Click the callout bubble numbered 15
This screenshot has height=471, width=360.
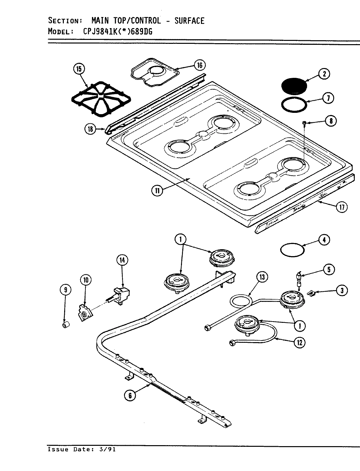click(79, 69)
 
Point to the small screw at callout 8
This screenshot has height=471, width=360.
click(304, 123)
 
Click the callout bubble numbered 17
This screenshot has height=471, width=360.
click(341, 207)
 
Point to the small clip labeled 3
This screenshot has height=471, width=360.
click(312, 294)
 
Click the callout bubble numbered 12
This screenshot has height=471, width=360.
click(299, 342)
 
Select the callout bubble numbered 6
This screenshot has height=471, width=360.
click(130, 396)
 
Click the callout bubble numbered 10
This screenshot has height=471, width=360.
click(86, 280)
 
